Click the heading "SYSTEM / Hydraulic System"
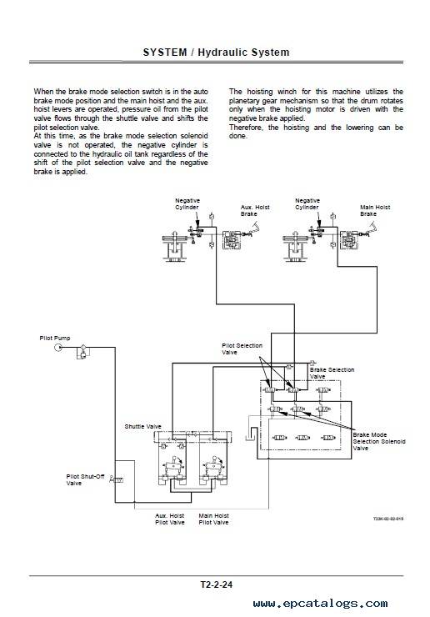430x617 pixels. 216,53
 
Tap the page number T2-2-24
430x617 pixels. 217,584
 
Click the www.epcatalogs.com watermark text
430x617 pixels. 320,604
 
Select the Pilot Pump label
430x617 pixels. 55,338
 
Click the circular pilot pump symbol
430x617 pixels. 58,348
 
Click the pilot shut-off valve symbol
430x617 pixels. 117,479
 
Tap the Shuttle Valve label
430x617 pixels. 142,427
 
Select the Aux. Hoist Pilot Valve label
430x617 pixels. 169,519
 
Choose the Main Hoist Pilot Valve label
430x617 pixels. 213,519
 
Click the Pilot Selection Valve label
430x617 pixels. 242,349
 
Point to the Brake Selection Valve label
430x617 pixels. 332,373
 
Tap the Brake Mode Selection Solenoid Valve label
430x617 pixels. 379,442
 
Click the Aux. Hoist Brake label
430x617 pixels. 255,210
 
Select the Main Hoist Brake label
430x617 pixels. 375,210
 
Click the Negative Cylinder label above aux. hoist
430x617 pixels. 187,203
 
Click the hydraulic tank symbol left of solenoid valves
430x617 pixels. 250,436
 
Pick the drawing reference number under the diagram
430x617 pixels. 388,519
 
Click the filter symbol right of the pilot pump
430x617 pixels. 83,348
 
